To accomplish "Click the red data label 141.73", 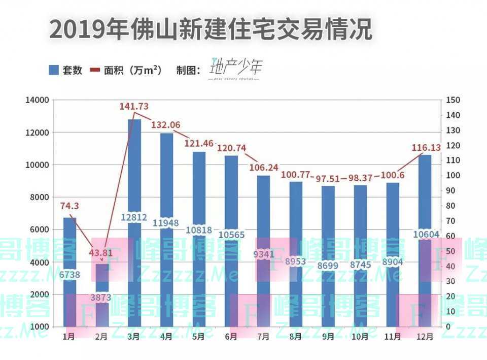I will click(134, 107).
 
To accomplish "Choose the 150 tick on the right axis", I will click(454, 100).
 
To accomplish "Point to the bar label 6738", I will click(69, 275).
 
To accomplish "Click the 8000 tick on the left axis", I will click(39, 198).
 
